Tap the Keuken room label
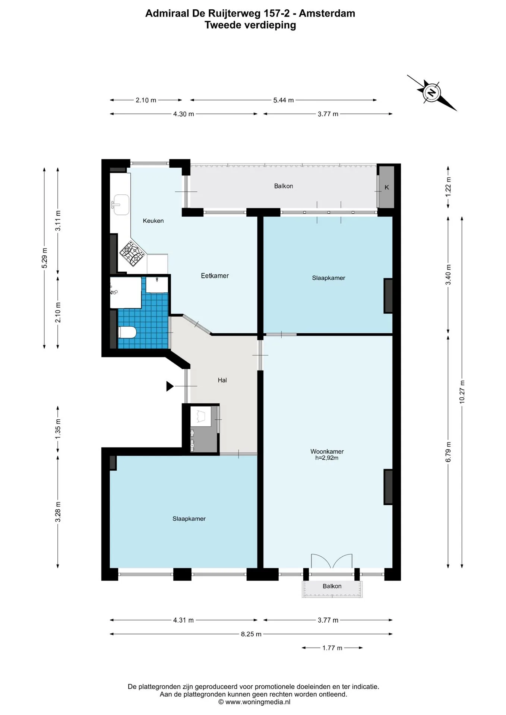point(153,221)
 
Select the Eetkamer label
point(215,276)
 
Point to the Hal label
point(222,380)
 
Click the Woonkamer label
point(327,451)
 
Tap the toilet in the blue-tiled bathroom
point(127,332)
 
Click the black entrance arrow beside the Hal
point(170,387)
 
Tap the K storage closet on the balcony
point(386,187)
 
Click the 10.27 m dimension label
point(462,392)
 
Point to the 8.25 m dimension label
point(251,634)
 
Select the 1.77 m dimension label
point(332,648)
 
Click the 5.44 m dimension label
point(284,100)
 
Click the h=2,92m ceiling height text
point(327,458)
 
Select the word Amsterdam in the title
point(327,13)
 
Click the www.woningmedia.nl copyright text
point(254,702)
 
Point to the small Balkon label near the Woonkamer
point(332,586)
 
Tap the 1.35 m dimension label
point(58,429)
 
